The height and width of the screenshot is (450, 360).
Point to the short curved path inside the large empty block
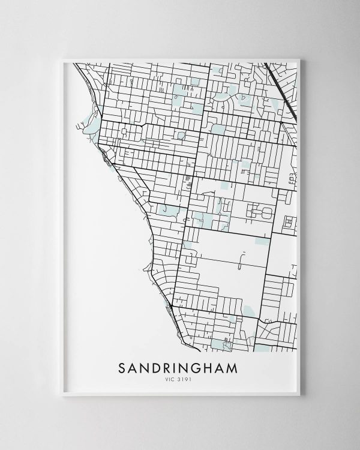pyautogui.click(x=241, y=260)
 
